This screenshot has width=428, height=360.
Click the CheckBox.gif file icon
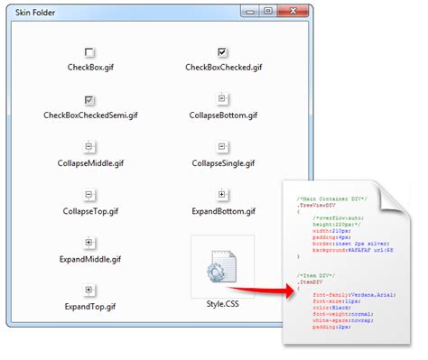(x=89, y=52)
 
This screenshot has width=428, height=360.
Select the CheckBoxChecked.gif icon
(x=223, y=52)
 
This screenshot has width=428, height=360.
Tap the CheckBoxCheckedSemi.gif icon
(x=89, y=99)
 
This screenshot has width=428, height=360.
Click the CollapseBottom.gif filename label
(x=224, y=115)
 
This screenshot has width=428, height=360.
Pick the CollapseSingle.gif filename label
(x=223, y=163)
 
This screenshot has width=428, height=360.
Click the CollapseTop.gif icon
(x=89, y=194)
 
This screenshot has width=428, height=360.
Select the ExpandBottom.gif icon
(x=223, y=194)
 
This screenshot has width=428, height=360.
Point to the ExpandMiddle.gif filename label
(x=89, y=258)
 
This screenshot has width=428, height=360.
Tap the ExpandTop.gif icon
(x=89, y=290)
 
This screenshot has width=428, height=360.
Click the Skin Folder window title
(x=35, y=12)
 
